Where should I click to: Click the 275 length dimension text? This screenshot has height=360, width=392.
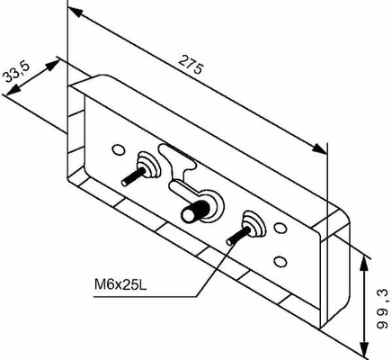(x=191, y=65)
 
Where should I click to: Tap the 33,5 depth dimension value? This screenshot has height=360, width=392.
(x=17, y=73)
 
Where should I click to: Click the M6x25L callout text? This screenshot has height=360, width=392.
(x=120, y=284)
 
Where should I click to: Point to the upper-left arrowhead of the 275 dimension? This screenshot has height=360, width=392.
(x=76, y=12)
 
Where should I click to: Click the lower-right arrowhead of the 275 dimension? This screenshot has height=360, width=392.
(x=319, y=148)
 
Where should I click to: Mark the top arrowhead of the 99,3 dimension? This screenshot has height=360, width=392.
(x=364, y=263)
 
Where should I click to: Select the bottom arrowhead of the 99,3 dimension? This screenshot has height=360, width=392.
(x=364, y=350)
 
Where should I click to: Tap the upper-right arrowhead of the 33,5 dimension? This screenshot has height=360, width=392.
(x=53, y=65)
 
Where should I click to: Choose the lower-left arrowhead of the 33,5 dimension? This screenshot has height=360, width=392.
(x=13, y=90)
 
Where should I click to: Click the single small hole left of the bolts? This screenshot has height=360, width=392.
(x=119, y=149)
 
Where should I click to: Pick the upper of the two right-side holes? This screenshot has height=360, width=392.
(x=281, y=229)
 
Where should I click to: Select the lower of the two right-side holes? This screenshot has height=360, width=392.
(x=281, y=262)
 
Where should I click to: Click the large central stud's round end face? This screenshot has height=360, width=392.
(x=189, y=215)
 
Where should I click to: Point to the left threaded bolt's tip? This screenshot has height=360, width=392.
(x=125, y=182)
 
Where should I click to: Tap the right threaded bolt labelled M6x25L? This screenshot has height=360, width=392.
(x=238, y=236)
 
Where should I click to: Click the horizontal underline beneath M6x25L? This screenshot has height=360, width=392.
(x=146, y=297)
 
